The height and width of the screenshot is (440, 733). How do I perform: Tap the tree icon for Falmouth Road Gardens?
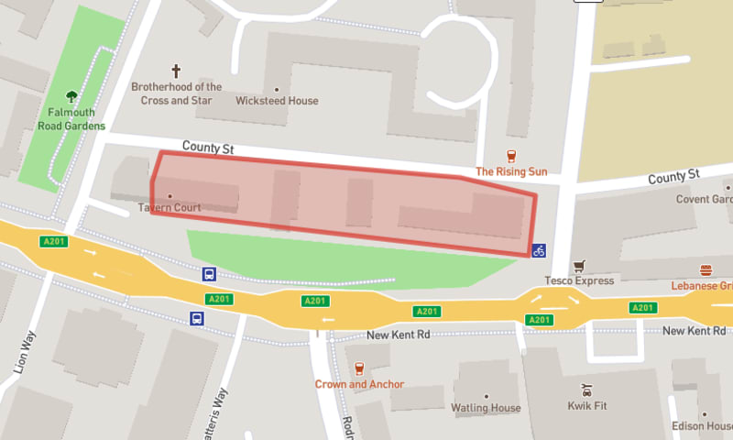(x=72, y=95)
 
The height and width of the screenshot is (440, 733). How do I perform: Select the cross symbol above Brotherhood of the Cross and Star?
(x=176, y=71)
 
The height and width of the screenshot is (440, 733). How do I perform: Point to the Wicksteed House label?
(x=277, y=101)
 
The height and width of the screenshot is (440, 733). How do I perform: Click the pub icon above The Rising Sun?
(x=511, y=157)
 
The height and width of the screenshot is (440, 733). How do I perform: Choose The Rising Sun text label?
(x=510, y=171)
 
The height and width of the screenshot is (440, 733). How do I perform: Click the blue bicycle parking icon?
(x=539, y=250)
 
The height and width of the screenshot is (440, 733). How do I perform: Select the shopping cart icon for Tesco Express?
(x=578, y=267)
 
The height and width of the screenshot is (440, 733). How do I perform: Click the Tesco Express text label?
(x=579, y=280)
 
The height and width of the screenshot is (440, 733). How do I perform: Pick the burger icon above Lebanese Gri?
(x=706, y=270)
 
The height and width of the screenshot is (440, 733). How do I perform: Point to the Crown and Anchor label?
(x=359, y=384)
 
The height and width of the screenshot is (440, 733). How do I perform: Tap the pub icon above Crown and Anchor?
(x=359, y=368)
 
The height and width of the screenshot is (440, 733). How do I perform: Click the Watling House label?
(x=486, y=408)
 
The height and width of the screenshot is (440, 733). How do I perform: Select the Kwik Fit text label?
(x=588, y=404)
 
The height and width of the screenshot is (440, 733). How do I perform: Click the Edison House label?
(x=702, y=425)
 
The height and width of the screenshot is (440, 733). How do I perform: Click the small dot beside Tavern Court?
(x=170, y=195)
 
